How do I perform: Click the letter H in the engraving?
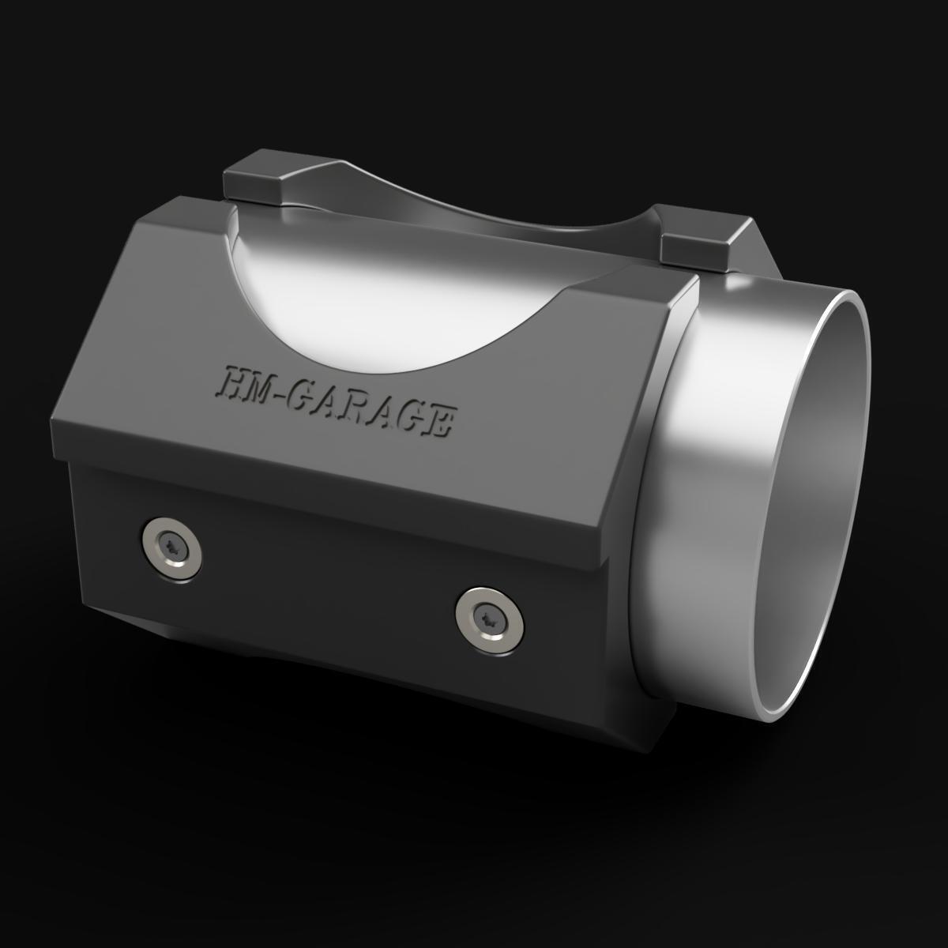[x=234, y=382]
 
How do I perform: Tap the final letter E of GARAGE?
[x=439, y=421]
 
